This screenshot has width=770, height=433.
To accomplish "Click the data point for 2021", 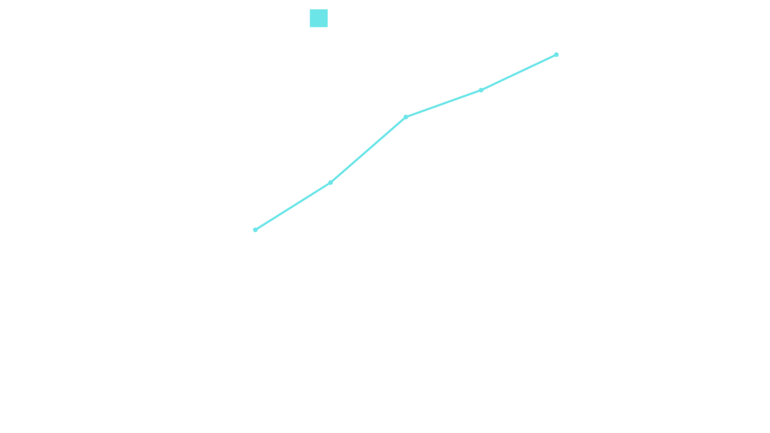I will [x=255, y=230].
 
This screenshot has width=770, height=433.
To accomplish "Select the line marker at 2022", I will [x=330, y=182].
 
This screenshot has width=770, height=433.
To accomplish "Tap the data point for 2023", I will [x=405, y=117].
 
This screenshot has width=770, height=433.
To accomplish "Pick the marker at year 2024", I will [x=481, y=90].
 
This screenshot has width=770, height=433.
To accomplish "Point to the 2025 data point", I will [x=556, y=55].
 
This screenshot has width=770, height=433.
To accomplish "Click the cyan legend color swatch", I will [x=319, y=18].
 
